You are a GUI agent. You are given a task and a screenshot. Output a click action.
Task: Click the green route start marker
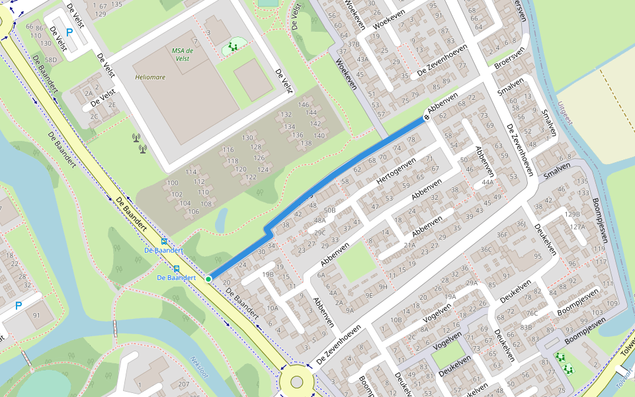pyautogui.click(x=208, y=279)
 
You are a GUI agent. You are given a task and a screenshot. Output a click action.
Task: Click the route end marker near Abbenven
pyautogui.click(x=427, y=117)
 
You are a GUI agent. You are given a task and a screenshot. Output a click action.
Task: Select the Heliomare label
pyautogui.click(x=150, y=77)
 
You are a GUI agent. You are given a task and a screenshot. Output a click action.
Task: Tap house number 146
pyautogui.click(x=304, y=105)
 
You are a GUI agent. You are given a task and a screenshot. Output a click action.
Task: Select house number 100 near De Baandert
pyautogui.click(x=173, y=183)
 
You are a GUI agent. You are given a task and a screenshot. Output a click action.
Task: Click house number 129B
pyautogui.click(x=572, y=214)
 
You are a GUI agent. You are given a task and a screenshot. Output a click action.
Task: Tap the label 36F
pyautogui.click(x=503, y=234)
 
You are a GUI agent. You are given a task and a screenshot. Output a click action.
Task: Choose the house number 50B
pyautogui.click(x=330, y=210)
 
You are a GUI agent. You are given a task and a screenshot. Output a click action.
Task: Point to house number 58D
pyautogui.click(x=51, y=60)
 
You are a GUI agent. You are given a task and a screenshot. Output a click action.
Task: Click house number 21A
pyautogui.click(x=410, y=245)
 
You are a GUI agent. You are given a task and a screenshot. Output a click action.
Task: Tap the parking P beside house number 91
pyautogui.click(x=19, y=306)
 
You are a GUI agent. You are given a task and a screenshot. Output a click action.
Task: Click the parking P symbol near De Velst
pyautogui.click(x=69, y=32)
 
